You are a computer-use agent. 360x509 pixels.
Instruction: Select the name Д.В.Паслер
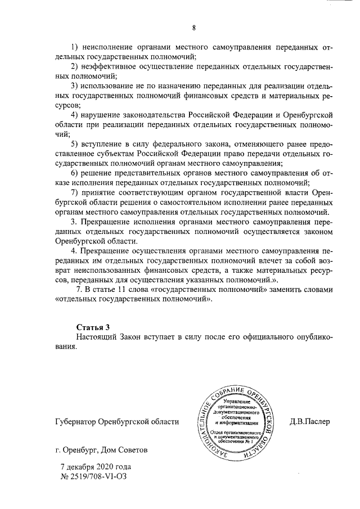click(310, 421)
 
